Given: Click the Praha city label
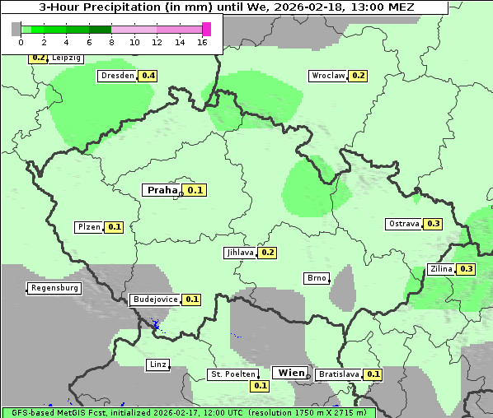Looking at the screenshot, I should pyautogui.click(x=162, y=190).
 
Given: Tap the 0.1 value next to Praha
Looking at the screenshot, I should pyautogui.click(x=195, y=190).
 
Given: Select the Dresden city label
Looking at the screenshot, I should pyautogui.click(x=116, y=76).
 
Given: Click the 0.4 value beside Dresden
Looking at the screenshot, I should pyautogui.click(x=148, y=76).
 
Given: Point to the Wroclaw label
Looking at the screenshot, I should pyautogui.click(x=327, y=76).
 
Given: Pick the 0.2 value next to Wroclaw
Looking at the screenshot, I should pyautogui.click(x=359, y=76).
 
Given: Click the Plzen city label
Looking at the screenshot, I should pyautogui.click(x=88, y=227).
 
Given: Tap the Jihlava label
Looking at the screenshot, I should pyautogui.click(x=239, y=253).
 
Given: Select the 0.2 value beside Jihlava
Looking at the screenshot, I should pyautogui.click(x=267, y=253).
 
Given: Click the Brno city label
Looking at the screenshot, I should pyautogui.click(x=317, y=278).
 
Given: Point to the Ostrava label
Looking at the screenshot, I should pyautogui.click(x=404, y=224).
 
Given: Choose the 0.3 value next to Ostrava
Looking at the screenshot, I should pyautogui.click(x=434, y=224).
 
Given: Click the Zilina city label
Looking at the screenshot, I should pyautogui.click(x=440, y=269).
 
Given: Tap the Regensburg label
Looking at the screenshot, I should pyautogui.click(x=54, y=288).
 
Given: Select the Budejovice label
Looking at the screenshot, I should pyautogui.click(x=154, y=300).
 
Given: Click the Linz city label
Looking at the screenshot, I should pyautogui.click(x=157, y=365).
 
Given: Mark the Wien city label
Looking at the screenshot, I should pyautogui.click(x=291, y=373).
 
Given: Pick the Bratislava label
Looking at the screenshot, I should pyautogui.click(x=339, y=374).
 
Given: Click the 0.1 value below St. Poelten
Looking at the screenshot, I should pyautogui.click(x=261, y=385).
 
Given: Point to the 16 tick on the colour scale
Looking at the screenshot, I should pyautogui.click(x=202, y=42).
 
